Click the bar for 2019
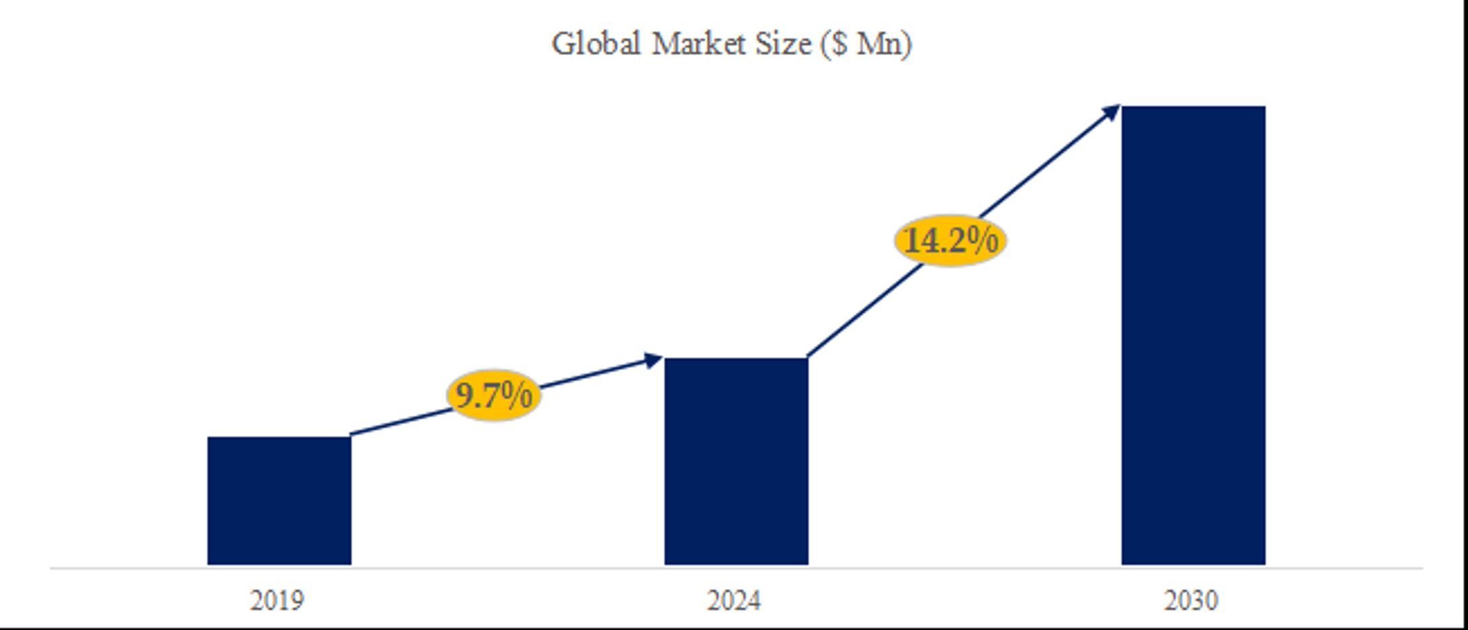[279, 500]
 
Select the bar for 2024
[736, 461]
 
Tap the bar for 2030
[1193, 335]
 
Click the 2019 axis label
[277, 600]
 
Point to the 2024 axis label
[734, 600]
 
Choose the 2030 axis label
[1191, 600]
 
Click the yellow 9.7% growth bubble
[494, 396]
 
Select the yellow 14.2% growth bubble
[950, 240]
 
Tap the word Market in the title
[699, 44]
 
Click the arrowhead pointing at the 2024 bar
[654, 361]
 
